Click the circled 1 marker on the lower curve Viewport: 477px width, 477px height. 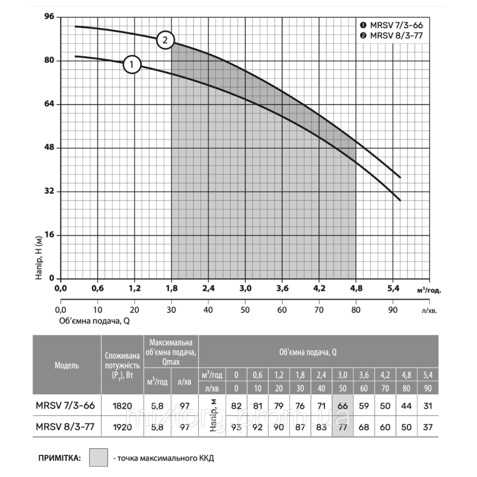132,64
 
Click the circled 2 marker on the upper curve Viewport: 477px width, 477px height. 165,41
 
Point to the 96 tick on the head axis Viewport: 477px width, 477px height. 49,17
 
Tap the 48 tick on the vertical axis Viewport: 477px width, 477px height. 49,148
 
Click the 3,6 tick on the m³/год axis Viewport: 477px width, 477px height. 282,289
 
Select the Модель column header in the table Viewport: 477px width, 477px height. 67,365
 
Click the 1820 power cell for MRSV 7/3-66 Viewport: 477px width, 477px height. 122,406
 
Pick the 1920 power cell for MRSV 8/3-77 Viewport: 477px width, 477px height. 122,427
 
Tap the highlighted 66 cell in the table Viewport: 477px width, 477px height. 342,406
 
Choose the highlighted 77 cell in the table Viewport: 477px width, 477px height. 342,427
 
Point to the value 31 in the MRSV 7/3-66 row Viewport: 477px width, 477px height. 427,406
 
